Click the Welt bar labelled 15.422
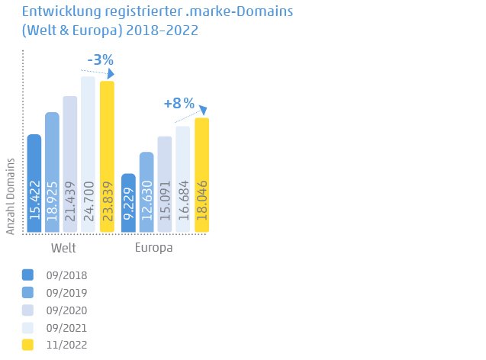tap(34, 184)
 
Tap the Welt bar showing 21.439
tap(70, 165)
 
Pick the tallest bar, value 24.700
tap(88, 155)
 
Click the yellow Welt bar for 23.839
tap(107, 157)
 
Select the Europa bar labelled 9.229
tap(128, 204)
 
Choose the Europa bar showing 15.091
tap(165, 185)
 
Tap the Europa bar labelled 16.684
tap(182, 179)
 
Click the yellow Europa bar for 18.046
tap(201, 175)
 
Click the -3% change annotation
tap(100, 59)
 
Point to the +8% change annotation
tap(179, 103)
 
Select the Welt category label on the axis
tap(63, 249)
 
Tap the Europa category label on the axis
tap(153, 249)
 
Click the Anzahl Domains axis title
tap(11, 196)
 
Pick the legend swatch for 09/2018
tap(28, 275)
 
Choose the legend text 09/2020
tap(66, 310)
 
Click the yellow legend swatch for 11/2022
tap(28, 345)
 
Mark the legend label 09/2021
tap(66, 328)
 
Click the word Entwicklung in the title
tap(55, 13)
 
